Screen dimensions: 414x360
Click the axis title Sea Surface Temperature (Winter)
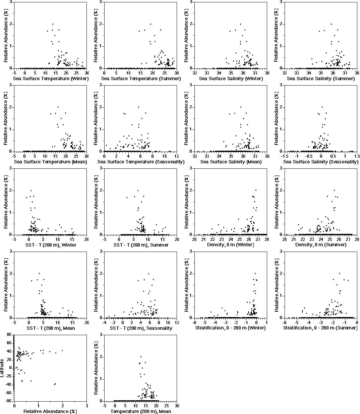(x=51, y=79)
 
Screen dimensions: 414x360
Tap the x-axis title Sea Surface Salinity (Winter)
(x=231, y=79)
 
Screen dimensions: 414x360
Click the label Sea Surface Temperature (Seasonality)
(x=141, y=162)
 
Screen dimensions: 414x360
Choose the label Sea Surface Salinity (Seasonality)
(x=321, y=162)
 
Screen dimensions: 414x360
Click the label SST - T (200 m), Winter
(x=51, y=245)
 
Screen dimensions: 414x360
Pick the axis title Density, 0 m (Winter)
(x=231, y=245)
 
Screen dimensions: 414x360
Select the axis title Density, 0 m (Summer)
(x=321, y=245)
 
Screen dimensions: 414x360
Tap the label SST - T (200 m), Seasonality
(x=141, y=328)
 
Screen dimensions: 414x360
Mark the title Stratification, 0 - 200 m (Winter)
(x=231, y=328)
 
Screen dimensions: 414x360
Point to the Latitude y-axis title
(x=3, y=367)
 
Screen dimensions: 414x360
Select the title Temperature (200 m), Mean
(x=141, y=411)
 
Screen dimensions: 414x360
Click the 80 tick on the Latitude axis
(x=10, y=334)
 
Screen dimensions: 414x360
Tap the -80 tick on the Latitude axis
(x=9, y=401)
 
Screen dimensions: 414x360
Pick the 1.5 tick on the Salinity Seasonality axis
(x=357, y=156)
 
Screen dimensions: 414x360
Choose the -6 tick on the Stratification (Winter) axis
(x=195, y=322)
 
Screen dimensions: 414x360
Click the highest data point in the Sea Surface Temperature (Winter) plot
(x=53, y=24)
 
